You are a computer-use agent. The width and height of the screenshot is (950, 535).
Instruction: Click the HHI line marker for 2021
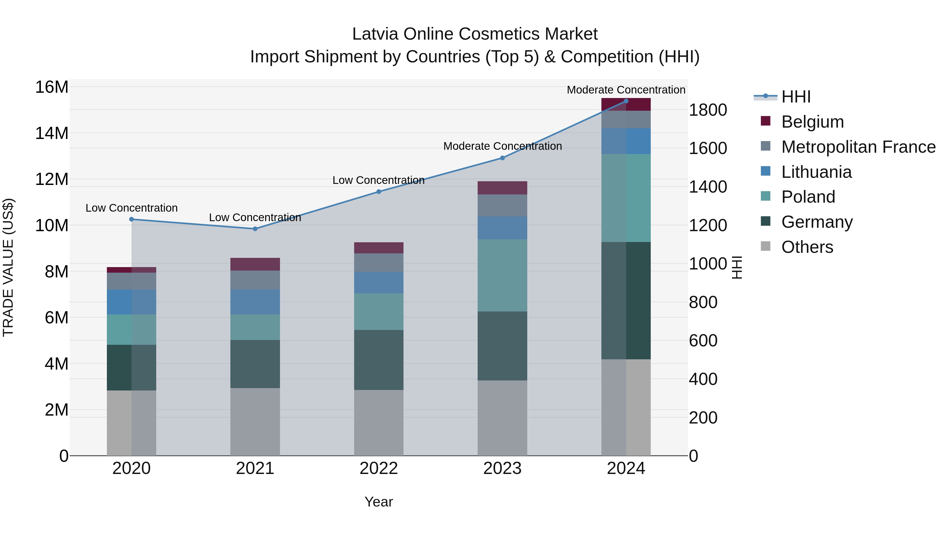(255, 229)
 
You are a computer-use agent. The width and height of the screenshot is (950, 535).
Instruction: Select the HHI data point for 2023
(502, 158)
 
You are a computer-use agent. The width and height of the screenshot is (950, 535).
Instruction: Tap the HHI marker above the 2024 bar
(626, 101)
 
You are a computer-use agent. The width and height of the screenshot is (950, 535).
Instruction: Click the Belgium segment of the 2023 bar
(502, 188)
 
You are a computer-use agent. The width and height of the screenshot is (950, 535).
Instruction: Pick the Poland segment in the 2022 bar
(379, 312)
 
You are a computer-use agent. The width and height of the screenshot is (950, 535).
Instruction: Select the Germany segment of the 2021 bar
(255, 364)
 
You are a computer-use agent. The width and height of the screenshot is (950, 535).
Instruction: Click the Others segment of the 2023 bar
(502, 418)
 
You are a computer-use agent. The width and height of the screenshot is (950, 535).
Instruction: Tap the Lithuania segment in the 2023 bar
(502, 228)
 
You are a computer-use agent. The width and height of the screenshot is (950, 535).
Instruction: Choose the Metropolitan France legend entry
(858, 147)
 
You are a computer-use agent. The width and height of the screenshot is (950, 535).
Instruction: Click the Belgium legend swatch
(766, 121)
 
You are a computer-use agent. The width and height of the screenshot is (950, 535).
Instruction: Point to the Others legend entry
(807, 247)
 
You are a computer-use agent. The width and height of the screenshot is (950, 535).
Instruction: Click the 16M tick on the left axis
(52, 87)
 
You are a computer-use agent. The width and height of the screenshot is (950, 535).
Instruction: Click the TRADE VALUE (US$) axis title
(8, 267)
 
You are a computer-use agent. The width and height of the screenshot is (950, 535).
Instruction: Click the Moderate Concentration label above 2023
(502, 146)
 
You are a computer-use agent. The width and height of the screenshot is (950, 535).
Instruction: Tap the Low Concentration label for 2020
(131, 208)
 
